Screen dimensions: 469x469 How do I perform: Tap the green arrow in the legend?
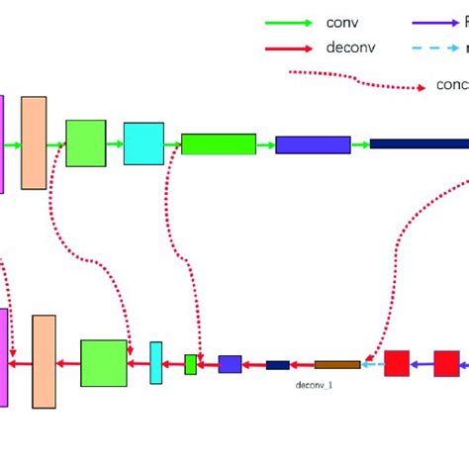pyautogui.click(x=291, y=22)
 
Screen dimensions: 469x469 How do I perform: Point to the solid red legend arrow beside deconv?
pyautogui.click(x=291, y=47)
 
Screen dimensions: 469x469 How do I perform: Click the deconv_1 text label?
pyautogui.click(x=315, y=383)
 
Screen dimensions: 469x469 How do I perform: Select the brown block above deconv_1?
pyautogui.click(x=337, y=364)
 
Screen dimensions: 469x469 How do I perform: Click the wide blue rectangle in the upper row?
pyautogui.click(x=313, y=144)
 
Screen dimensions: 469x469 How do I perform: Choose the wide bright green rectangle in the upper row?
pyautogui.click(x=219, y=144)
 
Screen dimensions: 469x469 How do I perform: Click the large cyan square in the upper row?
pyautogui.click(x=143, y=143)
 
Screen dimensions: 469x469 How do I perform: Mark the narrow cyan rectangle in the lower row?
pyautogui.click(x=156, y=363)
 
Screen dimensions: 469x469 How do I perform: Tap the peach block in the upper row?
pyautogui.click(x=34, y=142)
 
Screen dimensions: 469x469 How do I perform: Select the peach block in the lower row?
pyautogui.click(x=44, y=362)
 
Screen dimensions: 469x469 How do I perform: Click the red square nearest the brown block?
pyautogui.click(x=397, y=363)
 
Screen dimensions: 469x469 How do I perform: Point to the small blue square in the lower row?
pyautogui.click(x=230, y=364)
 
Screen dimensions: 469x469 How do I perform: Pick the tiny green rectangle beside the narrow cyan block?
pyautogui.click(x=191, y=364)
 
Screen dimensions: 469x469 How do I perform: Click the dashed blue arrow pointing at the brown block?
pyautogui.click(x=372, y=364)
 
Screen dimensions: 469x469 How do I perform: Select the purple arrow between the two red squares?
pyautogui.click(x=422, y=364)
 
